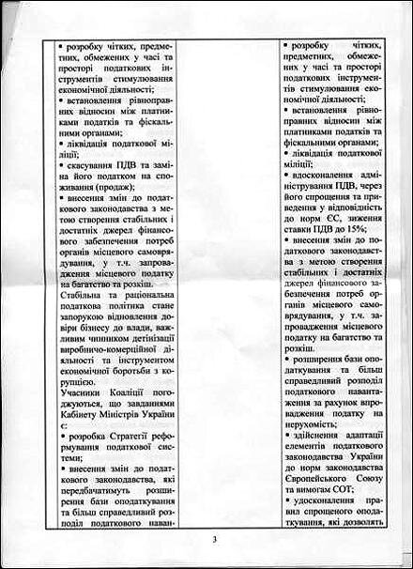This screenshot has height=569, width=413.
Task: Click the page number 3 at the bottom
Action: click(x=215, y=538)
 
